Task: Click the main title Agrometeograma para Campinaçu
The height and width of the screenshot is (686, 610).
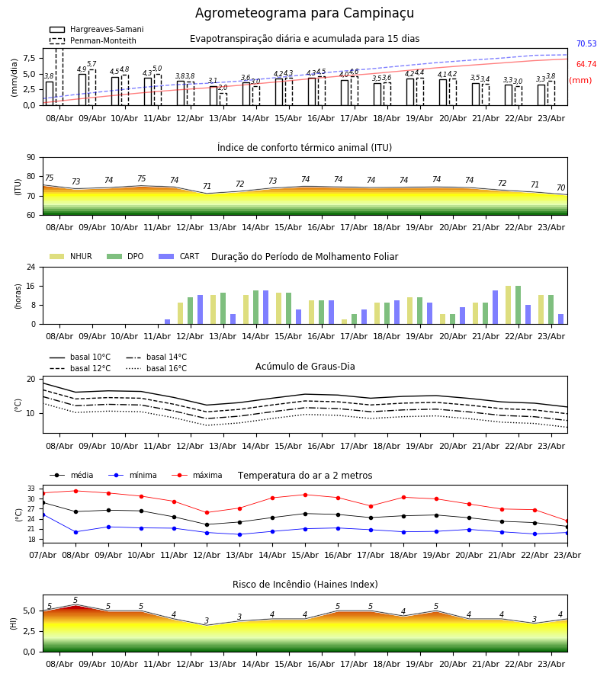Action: (x=304, y=14)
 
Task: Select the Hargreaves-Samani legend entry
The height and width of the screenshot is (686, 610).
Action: (x=96, y=29)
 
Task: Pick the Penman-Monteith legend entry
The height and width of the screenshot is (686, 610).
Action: (x=93, y=40)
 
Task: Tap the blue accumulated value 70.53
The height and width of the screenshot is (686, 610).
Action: (x=586, y=43)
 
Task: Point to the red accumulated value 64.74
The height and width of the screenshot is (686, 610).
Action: (x=586, y=64)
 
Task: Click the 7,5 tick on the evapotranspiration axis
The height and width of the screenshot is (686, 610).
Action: (x=29, y=58)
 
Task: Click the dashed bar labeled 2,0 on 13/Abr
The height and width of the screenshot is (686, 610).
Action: (x=223, y=99)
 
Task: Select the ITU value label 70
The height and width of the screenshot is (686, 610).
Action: (x=560, y=188)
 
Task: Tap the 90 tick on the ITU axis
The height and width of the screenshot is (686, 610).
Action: (x=31, y=158)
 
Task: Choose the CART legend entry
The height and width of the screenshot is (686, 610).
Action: (x=179, y=256)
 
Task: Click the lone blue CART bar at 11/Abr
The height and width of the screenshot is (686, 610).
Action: (x=167, y=322)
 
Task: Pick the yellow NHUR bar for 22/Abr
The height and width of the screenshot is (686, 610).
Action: (x=508, y=305)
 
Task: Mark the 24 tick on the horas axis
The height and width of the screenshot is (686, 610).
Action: (x=31, y=268)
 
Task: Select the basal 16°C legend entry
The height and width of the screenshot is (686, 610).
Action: (x=156, y=368)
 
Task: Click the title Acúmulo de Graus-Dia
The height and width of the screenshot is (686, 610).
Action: (x=305, y=367)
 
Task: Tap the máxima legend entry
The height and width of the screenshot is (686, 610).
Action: (x=197, y=475)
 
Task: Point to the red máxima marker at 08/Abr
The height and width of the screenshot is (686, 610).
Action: (x=75, y=491)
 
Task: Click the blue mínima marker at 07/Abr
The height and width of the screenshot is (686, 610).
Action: (x=43, y=514)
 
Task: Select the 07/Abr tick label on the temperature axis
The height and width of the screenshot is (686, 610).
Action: (x=43, y=555)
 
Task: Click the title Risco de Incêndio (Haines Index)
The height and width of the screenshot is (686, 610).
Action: (x=305, y=585)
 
